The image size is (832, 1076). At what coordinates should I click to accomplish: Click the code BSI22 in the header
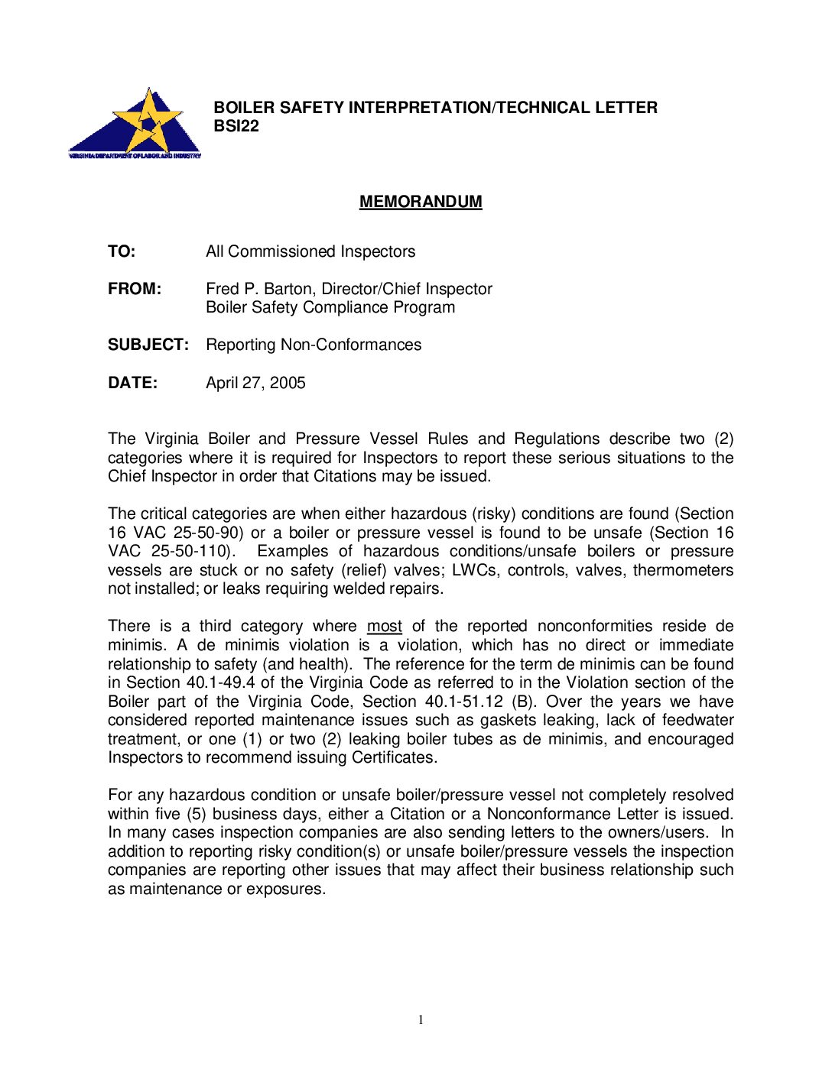pos(236,127)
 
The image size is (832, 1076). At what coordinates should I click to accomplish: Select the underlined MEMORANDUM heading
pos(421,202)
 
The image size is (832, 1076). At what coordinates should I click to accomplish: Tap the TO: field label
pos(122,251)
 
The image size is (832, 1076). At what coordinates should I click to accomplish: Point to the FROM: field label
pos(135,289)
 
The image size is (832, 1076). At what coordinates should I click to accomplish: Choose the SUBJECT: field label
pos(148,345)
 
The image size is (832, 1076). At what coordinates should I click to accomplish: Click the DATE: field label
pos(132,383)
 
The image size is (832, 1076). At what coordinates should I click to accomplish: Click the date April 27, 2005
pos(255,383)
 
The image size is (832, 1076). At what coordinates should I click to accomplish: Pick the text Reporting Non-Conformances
pos(314,345)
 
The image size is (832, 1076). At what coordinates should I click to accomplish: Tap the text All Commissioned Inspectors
pos(310,251)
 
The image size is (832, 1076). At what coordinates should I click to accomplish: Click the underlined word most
pos(385,627)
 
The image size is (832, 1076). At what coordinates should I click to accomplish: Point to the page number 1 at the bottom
pos(421,1019)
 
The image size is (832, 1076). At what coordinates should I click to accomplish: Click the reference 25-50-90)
pos(209,533)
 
